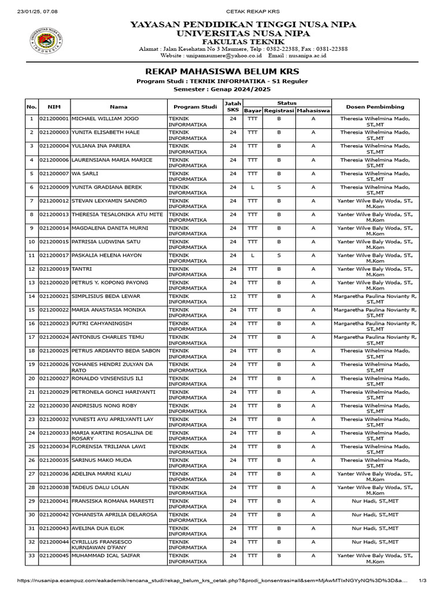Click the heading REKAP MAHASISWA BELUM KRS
221,71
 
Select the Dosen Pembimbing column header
375,106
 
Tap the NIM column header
54,106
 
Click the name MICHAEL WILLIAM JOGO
105,119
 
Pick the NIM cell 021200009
54,187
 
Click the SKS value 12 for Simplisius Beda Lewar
233,297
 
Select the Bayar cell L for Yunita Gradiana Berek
253,187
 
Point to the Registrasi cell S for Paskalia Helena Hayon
279,256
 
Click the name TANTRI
82,269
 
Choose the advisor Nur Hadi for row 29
375,501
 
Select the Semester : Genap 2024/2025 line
221,89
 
